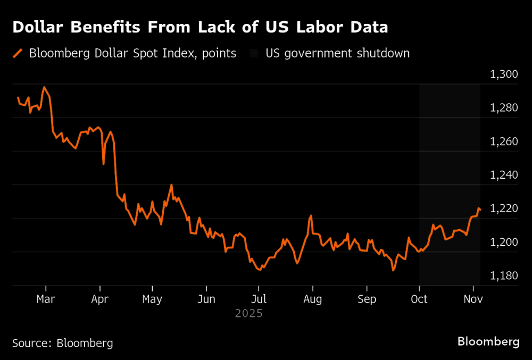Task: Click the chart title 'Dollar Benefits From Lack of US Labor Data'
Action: [x=200, y=28]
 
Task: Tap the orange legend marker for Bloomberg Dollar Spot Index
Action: [x=18, y=53]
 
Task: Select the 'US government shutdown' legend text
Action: [x=338, y=53]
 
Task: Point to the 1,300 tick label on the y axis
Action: [x=503, y=74]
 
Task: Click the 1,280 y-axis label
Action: [x=503, y=108]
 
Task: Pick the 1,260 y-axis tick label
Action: [x=503, y=141]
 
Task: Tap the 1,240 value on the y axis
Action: [x=503, y=175]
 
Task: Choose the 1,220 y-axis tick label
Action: [x=503, y=208]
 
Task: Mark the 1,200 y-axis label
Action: [x=503, y=242]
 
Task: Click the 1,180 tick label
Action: [x=503, y=275]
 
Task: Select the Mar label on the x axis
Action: [x=46, y=299]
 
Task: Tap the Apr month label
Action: [x=100, y=299]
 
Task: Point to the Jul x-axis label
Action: [x=259, y=299]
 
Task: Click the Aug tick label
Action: [x=313, y=299]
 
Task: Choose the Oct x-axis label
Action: [x=419, y=299]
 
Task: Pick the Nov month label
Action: [x=473, y=299]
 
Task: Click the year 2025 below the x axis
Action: [x=249, y=314]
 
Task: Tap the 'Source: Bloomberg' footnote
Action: [x=63, y=343]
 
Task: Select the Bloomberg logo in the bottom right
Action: [x=488, y=341]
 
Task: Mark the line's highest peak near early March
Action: [x=44, y=87]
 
